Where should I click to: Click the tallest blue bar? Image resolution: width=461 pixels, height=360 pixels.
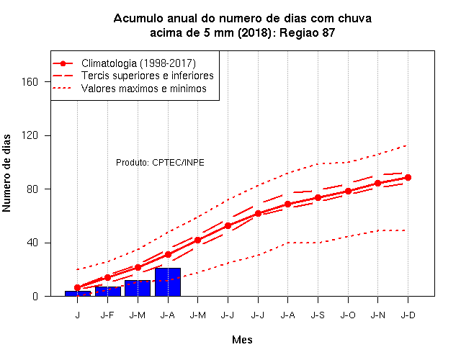(x=168, y=282)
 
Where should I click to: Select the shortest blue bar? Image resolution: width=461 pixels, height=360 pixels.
(x=78, y=293)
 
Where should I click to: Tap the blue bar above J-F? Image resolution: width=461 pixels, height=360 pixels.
(x=108, y=291)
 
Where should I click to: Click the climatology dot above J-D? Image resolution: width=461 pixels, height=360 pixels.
(x=408, y=178)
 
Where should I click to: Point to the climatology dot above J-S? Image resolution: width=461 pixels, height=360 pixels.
(x=318, y=197)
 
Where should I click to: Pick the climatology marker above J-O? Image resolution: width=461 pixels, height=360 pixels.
(x=348, y=191)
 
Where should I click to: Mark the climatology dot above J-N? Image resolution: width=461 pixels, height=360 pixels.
(x=377, y=183)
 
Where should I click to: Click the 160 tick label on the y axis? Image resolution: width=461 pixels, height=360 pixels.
(x=30, y=81)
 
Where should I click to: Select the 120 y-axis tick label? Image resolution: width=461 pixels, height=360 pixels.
(x=30, y=135)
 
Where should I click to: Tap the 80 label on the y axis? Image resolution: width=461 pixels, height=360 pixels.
(x=32, y=189)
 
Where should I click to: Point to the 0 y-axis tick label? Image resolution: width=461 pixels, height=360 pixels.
(x=35, y=296)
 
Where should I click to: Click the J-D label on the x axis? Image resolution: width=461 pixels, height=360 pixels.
(x=408, y=315)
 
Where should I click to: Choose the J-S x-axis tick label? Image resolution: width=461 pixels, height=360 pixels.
(x=318, y=315)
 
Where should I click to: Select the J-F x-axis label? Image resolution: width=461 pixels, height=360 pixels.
(x=107, y=315)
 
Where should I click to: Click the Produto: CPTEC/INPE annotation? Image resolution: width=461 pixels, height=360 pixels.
(x=160, y=163)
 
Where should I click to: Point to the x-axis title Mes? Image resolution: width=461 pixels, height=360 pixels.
(x=242, y=340)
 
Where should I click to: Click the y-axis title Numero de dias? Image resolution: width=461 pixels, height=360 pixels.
(x=6, y=174)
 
